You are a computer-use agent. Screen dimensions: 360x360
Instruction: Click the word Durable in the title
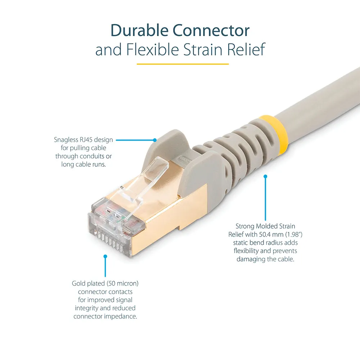[139, 30]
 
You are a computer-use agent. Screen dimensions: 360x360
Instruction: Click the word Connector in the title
[211, 30]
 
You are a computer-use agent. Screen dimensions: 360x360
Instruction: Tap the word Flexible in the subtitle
[152, 49]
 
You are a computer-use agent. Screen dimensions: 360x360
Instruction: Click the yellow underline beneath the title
[183, 64]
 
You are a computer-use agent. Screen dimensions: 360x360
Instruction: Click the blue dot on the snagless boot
[155, 140]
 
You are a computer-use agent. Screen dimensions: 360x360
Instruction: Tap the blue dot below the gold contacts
[105, 256]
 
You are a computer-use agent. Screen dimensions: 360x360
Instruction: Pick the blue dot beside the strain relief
[265, 176]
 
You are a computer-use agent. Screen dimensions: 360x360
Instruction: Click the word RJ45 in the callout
[86, 140]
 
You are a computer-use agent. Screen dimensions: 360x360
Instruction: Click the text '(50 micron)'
[123, 284]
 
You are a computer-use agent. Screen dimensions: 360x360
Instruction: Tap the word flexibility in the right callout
[249, 251]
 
